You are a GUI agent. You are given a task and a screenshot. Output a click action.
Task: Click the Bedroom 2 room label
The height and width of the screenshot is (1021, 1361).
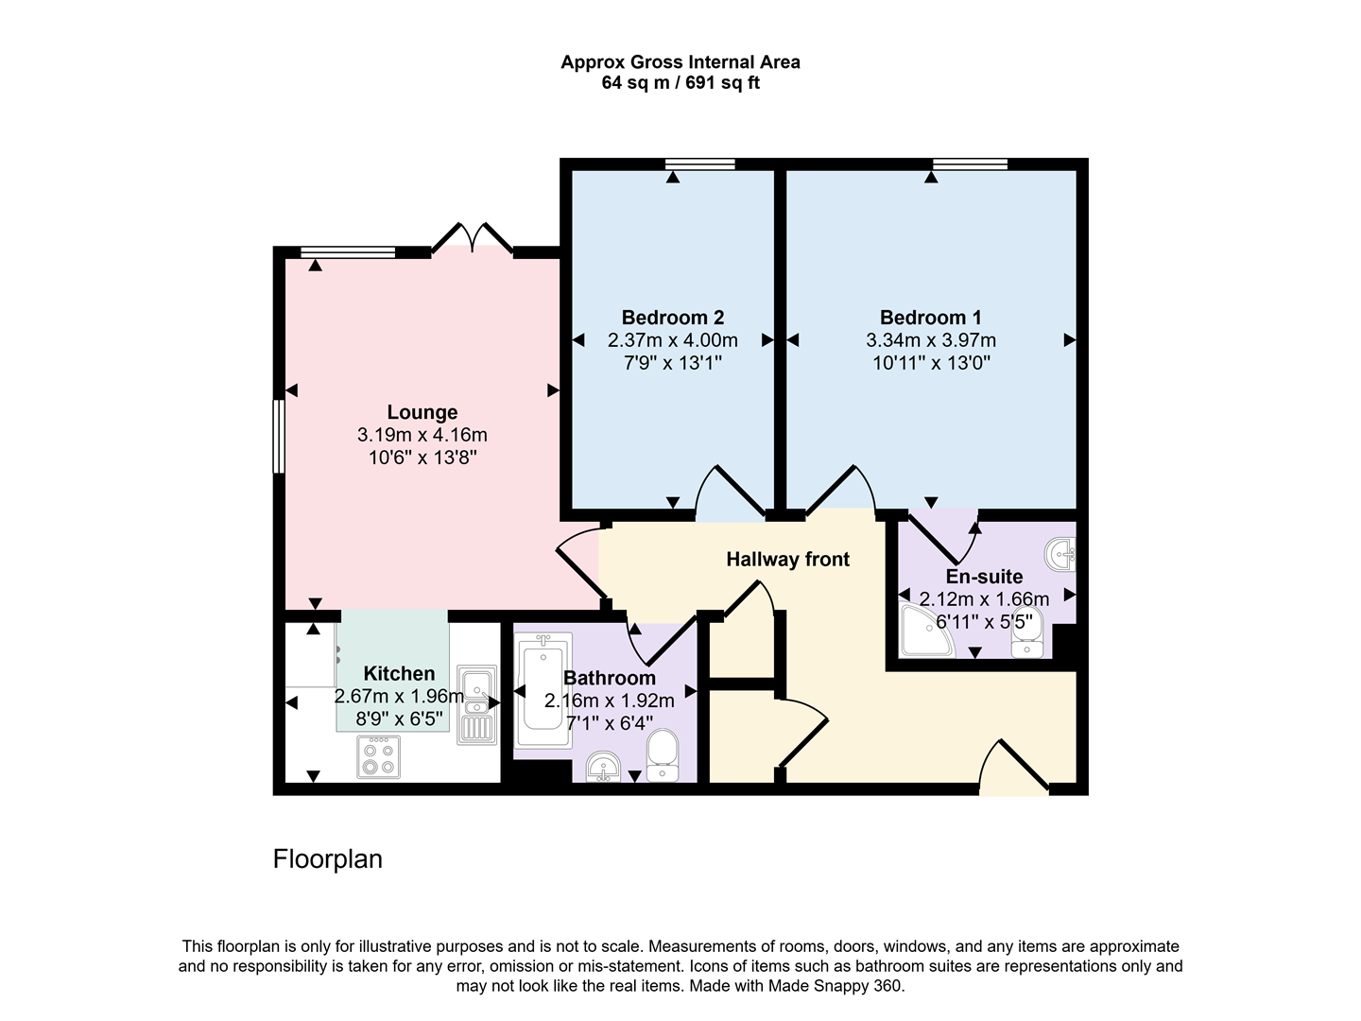672,318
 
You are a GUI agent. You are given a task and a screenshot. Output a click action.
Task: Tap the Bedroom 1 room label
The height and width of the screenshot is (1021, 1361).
930,318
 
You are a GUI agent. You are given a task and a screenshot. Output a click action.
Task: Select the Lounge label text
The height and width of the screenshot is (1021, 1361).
422,412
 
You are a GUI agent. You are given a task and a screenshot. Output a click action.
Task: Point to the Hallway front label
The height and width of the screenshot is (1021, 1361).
787,560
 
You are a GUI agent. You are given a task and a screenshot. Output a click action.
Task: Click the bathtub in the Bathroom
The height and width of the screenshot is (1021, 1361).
543,693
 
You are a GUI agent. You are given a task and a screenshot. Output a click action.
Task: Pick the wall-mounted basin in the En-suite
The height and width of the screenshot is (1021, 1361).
1061,553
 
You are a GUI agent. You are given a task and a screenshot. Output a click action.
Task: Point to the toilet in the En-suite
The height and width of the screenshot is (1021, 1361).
1025,634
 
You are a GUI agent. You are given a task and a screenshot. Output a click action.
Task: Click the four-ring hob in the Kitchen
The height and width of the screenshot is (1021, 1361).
378,756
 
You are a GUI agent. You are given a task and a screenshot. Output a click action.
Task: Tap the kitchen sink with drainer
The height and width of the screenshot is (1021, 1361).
475,704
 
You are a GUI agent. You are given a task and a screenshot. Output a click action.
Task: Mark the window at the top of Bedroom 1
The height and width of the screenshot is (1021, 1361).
970,164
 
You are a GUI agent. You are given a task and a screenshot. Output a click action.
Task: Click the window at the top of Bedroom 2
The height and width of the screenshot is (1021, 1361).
699,164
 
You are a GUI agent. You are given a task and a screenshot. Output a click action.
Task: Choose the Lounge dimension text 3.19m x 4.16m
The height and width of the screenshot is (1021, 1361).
422,436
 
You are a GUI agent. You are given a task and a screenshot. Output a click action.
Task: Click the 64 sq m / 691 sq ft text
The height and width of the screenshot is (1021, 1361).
680,83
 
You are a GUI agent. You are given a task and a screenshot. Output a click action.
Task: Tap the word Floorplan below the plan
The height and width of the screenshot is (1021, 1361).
328,859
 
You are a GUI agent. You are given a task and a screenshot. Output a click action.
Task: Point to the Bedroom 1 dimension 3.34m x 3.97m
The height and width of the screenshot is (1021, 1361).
930,340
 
